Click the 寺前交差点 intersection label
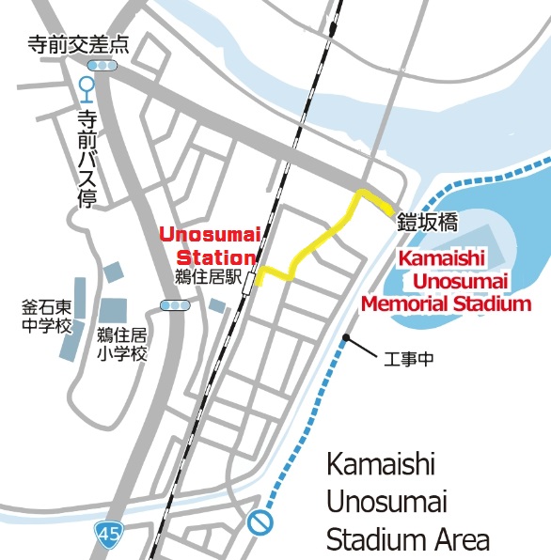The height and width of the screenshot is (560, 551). coord(78,44)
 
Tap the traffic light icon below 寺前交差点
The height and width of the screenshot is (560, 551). coord(102,65)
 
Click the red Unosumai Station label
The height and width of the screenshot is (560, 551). coord(207,246)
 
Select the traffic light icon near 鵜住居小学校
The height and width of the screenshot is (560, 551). coord(176,304)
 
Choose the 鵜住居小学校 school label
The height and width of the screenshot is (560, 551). coord(122,344)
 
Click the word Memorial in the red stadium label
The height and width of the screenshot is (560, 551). coord(411,303)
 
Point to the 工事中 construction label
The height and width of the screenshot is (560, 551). coord(410,359)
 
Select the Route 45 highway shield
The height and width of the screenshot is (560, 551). coord(108,535)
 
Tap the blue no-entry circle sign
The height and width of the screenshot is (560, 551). coord(260,522)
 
